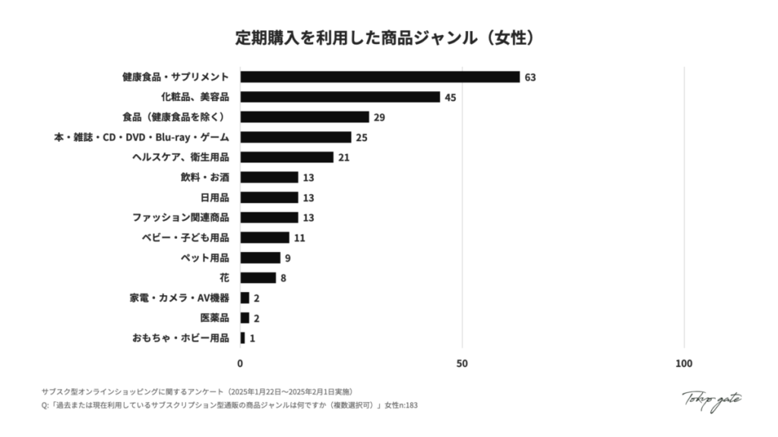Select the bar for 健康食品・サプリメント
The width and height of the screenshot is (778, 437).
(x=380, y=77)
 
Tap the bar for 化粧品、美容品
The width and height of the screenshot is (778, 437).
(x=340, y=97)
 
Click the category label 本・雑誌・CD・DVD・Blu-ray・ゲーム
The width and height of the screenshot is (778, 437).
(x=141, y=137)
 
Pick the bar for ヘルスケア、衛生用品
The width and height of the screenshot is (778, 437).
(x=287, y=157)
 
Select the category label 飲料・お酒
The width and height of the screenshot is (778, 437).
(x=205, y=178)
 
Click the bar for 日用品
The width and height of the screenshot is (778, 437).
(x=269, y=197)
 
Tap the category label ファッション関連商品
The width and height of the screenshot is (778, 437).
(x=180, y=218)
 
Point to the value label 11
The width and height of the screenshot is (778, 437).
(x=299, y=237)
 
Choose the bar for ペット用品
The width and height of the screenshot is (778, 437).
(x=261, y=258)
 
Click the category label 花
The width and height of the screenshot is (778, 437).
(x=224, y=278)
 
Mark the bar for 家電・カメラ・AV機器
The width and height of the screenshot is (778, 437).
(x=245, y=298)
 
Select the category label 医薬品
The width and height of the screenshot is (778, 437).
(x=214, y=318)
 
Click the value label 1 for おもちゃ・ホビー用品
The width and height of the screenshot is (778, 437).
(x=252, y=338)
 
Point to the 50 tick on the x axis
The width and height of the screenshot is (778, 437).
(x=462, y=364)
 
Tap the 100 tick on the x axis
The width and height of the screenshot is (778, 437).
(x=684, y=364)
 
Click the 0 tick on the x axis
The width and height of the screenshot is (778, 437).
(x=241, y=364)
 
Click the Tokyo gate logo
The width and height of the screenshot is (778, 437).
(x=711, y=399)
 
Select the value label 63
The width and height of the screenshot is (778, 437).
(x=530, y=77)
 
